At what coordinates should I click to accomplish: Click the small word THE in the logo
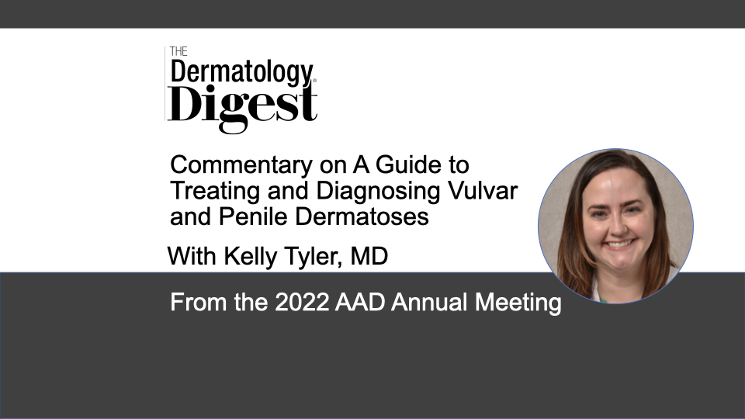click(178, 51)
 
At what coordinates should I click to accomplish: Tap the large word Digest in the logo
click(242, 107)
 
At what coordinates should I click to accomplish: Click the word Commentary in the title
click(241, 166)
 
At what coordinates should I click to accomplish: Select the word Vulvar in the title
click(483, 191)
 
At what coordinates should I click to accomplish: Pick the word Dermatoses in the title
click(362, 216)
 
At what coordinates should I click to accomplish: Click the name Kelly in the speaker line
click(251, 257)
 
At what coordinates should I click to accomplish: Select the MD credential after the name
click(369, 256)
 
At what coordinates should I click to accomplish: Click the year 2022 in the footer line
click(302, 302)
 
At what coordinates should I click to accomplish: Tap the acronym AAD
click(360, 302)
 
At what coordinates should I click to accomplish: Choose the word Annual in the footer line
click(429, 302)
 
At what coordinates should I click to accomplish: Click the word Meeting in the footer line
click(518, 303)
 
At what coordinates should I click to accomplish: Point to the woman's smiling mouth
click(619, 244)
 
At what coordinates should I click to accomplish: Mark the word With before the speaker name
click(192, 256)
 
